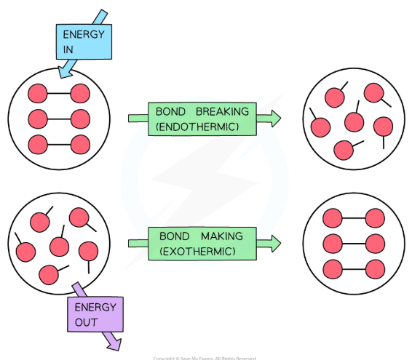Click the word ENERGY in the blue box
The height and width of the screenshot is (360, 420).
83,34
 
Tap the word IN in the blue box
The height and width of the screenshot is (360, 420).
69,49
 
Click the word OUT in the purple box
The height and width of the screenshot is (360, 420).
85,321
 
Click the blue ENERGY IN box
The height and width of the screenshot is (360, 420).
84,41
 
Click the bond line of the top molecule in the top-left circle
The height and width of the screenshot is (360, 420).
58,93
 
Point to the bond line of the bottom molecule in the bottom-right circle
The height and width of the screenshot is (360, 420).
353,268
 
